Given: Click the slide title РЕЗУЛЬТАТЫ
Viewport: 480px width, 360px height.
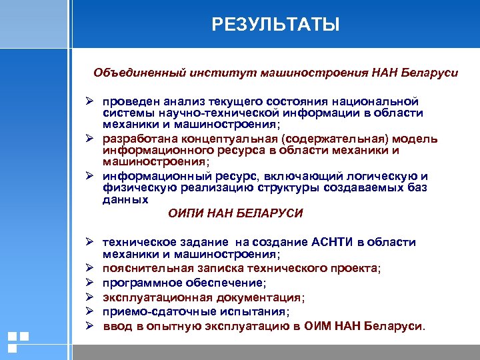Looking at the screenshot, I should point(275,25).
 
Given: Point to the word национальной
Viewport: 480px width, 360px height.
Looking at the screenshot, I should point(381,101).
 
